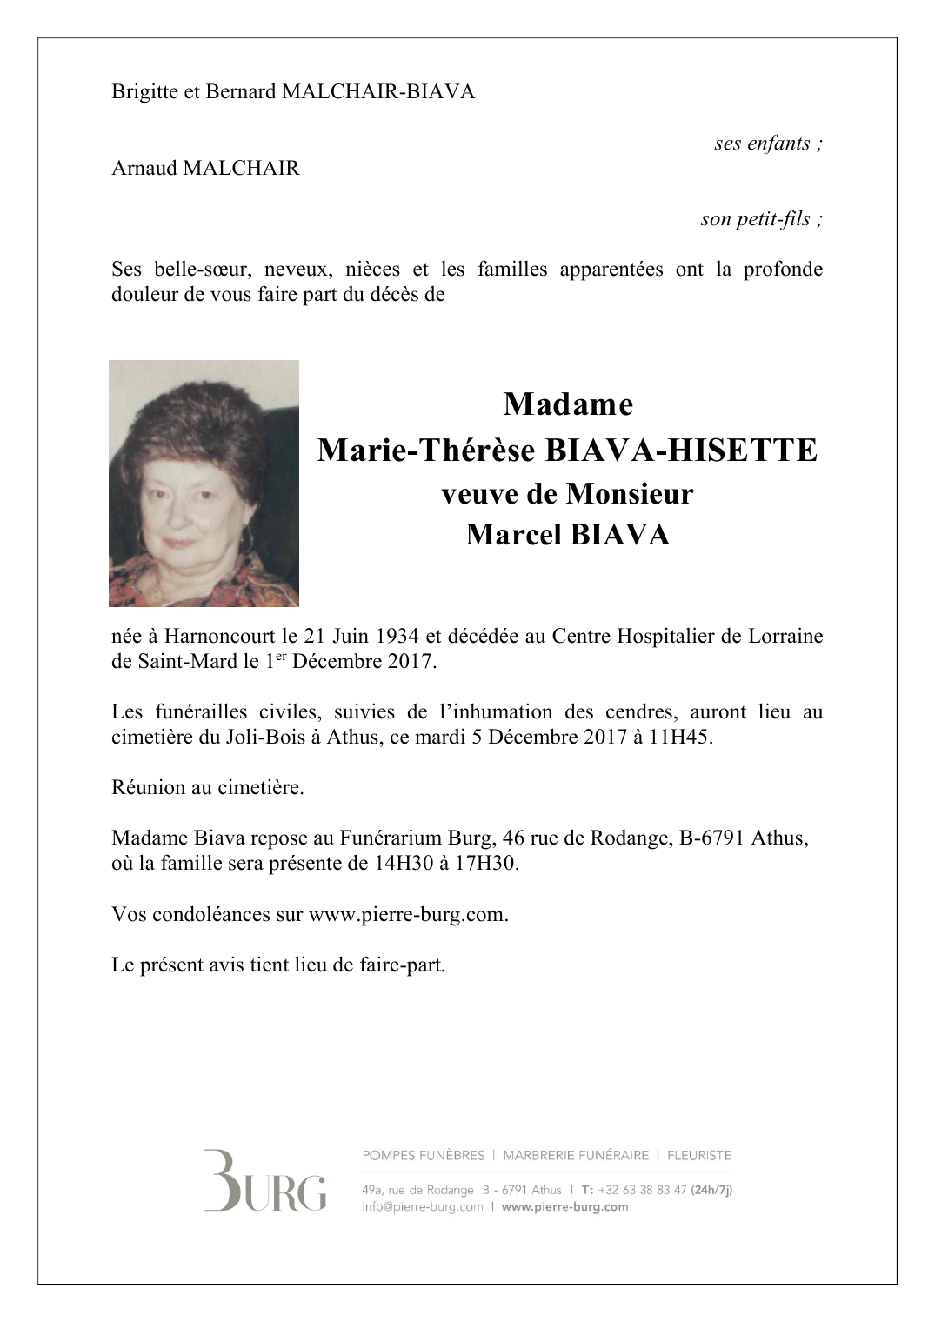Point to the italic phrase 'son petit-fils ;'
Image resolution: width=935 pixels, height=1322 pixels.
click(x=761, y=219)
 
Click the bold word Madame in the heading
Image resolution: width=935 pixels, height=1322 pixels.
click(x=567, y=404)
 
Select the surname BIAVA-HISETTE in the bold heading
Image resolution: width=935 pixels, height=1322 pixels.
click(x=681, y=451)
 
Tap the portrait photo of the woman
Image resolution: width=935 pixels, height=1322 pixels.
click(x=204, y=483)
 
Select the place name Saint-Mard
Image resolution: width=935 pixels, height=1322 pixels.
click(x=187, y=661)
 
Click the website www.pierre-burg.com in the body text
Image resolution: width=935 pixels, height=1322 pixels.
click(x=407, y=915)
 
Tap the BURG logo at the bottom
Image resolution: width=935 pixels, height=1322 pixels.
click(x=264, y=1180)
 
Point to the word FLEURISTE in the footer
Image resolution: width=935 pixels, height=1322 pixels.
click(x=698, y=1156)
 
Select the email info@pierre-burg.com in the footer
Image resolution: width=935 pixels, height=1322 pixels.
click(x=422, y=1207)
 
